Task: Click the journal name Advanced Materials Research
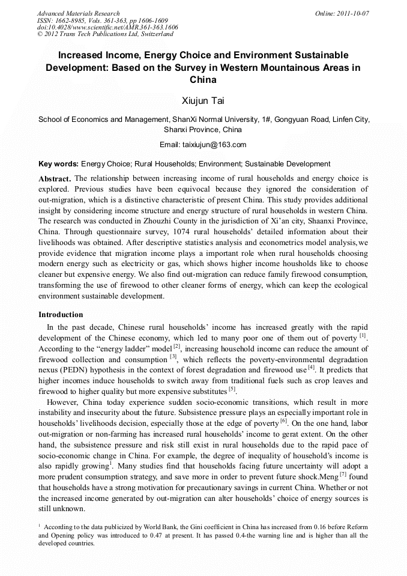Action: pos(78,13)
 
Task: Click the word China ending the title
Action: pos(203,79)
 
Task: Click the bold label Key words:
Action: pos(58,164)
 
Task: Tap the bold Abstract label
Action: pos(55,179)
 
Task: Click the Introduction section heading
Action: pos(61,315)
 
